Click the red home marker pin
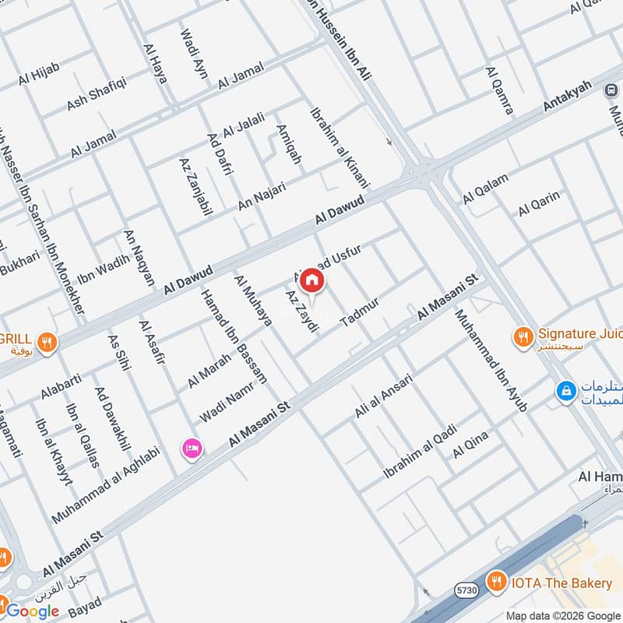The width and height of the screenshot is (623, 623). [311, 280]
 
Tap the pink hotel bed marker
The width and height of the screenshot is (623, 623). [192, 449]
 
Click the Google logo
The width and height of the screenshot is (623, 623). [33, 611]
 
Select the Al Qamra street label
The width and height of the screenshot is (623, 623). [498, 90]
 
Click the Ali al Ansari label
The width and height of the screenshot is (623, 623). [383, 395]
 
